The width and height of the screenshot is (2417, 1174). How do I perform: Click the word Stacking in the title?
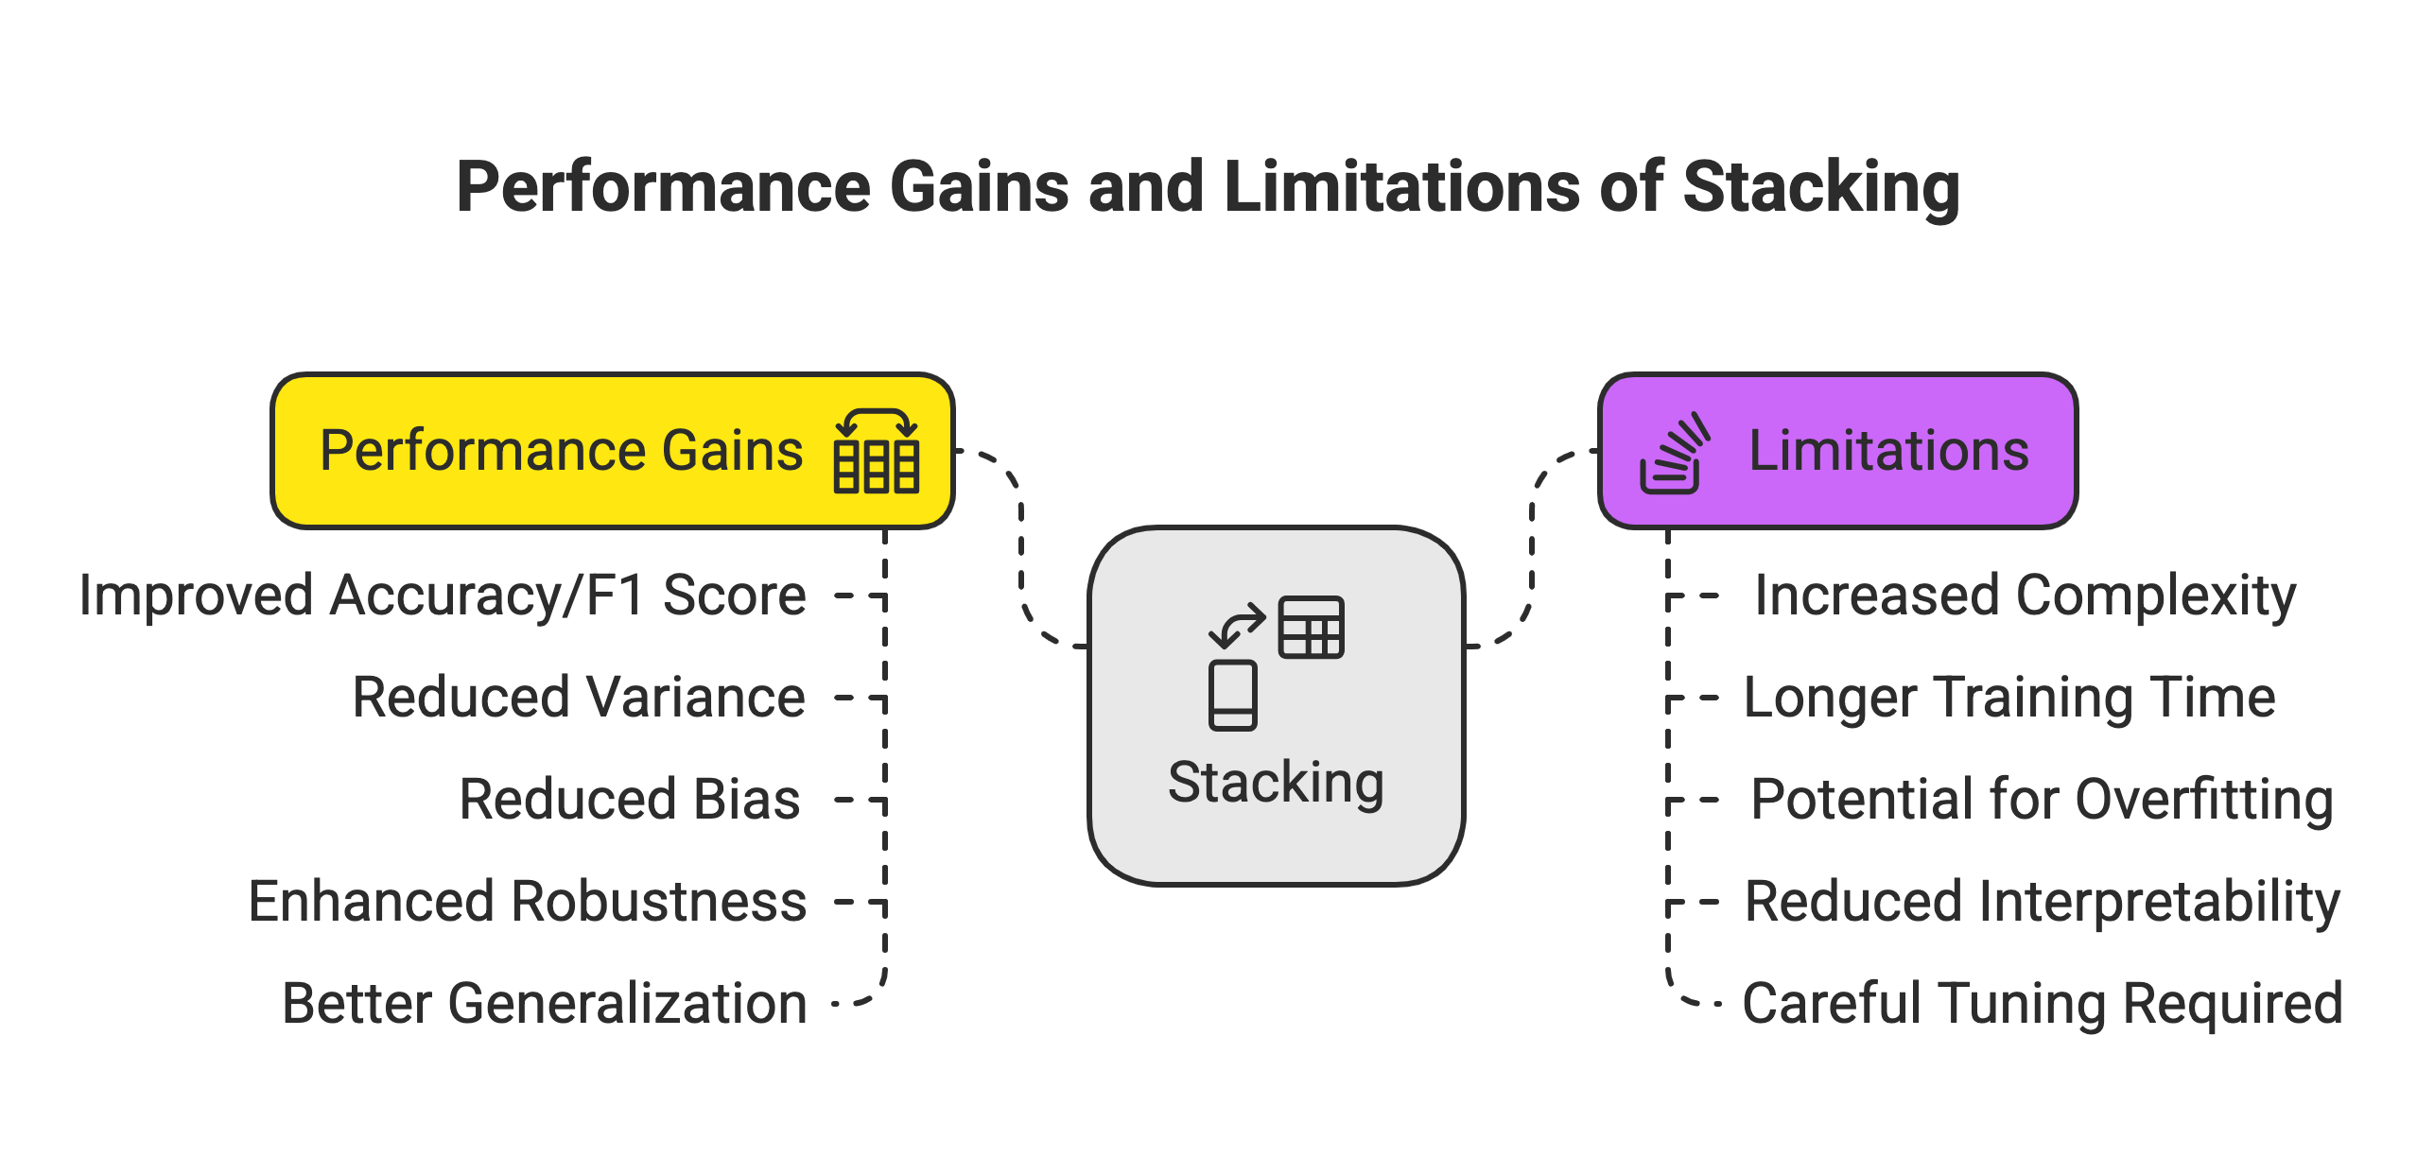pos(1819,187)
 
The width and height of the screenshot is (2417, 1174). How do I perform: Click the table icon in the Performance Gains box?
pos(876,452)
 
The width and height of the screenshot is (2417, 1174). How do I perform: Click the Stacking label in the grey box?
pos(1276,782)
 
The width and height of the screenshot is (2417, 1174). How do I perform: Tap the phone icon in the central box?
pos(1232,696)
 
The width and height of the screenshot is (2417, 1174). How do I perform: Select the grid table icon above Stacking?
pos(1311,627)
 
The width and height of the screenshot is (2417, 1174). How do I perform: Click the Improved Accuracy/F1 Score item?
pos(443,596)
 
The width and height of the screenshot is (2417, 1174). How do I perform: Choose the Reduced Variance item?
pos(579,698)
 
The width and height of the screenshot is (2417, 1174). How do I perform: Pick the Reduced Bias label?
pos(630,800)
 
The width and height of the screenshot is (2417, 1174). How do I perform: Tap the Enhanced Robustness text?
pos(527,901)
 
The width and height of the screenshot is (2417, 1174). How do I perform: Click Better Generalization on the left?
pos(544,1003)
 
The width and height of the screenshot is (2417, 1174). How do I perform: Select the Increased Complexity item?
pos(2025,596)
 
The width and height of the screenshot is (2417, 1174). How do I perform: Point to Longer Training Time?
pos(2009,698)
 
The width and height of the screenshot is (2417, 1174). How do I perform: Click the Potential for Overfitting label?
pos(2042,800)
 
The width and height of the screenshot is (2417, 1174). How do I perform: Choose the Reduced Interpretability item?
pos(2043,901)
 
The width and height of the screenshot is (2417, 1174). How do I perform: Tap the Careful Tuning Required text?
pos(2043,1003)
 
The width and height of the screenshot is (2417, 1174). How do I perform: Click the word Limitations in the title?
pos(1400,187)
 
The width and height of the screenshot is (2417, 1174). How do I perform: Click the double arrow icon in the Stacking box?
pos(1237,626)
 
